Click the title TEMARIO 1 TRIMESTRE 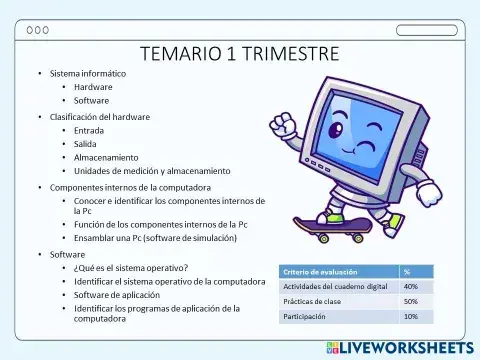239,53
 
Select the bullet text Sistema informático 88,74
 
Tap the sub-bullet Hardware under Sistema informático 93,87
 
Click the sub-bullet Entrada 89,130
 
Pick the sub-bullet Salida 86,144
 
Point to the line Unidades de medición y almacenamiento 151,170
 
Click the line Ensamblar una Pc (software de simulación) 155,238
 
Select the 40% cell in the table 410,286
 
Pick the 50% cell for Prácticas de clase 410,301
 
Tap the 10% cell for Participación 410,316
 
